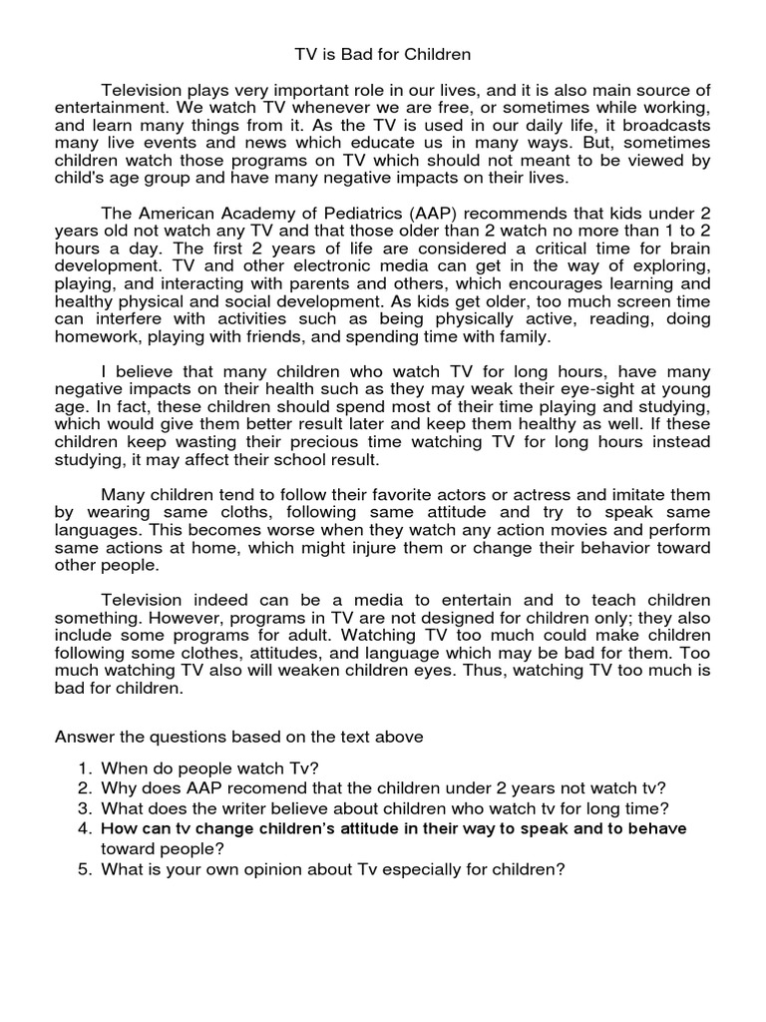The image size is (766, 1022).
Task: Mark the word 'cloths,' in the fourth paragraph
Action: pos(222,513)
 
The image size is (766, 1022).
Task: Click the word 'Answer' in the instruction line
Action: pos(83,738)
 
